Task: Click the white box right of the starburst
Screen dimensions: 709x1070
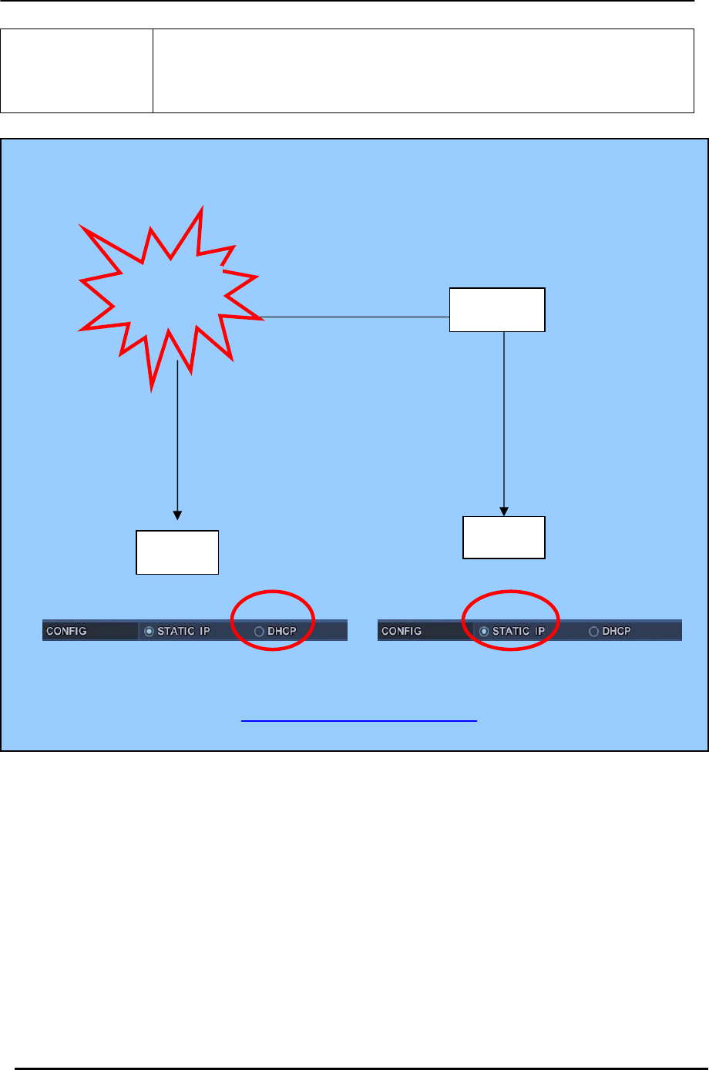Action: tap(497, 310)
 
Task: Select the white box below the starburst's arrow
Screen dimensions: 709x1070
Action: tap(177, 552)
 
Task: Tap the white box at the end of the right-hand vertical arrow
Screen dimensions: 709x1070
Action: tap(504, 537)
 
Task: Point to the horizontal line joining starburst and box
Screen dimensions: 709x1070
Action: tap(354, 317)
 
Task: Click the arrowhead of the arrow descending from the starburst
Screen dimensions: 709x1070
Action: tap(177, 515)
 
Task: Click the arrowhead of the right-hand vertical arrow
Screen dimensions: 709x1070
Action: tap(504, 511)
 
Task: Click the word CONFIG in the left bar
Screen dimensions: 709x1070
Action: tap(66, 631)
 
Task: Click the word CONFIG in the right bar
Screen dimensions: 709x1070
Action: tap(402, 631)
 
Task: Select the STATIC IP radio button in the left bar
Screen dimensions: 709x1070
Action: tap(150, 632)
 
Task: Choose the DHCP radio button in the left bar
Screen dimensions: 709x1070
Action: tap(259, 632)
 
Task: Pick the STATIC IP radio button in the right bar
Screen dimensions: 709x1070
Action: tap(485, 632)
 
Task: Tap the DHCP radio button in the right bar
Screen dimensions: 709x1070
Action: tap(594, 632)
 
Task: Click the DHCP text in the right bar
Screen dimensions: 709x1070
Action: tap(617, 631)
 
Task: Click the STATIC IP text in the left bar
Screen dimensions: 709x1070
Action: tap(183, 631)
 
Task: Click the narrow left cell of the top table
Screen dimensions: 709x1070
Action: tap(77, 71)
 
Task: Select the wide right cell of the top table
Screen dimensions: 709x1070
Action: tap(423, 71)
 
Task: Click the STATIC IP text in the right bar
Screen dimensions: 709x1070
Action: tap(519, 631)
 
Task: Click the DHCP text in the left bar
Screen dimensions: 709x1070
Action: tap(281, 631)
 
